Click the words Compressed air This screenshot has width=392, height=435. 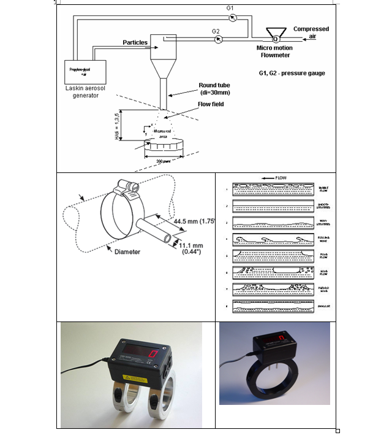pyautogui.click(x=311, y=33)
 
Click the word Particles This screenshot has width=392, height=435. pyautogui.click(x=135, y=42)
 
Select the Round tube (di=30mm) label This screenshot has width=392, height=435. pyautogui.click(x=215, y=89)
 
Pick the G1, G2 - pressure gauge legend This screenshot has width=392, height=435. pyautogui.click(x=292, y=74)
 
